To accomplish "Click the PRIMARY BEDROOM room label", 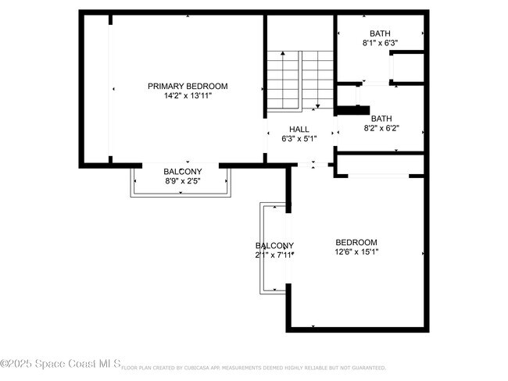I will pyautogui.click(x=188, y=86).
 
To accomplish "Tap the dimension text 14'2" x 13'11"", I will pyautogui.click(x=188, y=96).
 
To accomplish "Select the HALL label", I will pyautogui.click(x=299, y=130).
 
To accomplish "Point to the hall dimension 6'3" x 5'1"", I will pyautogui.click(x=299, y=140).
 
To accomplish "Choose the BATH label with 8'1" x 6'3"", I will pyautogui.click(x=380, y=34).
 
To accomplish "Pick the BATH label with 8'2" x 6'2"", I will pyautogui.click(x=381, y=119).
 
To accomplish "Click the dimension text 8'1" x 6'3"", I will pyautogui.click(x=380, y=44).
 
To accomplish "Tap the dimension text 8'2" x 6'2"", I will pyautogui.click(x=381, y=129).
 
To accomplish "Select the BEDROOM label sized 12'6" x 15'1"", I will pyautogui.click(x=356, y=242).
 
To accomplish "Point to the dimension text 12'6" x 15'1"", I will pyautogui.click(x=356, y=252).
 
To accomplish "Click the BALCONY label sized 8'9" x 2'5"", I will pyautogui.click(x=182, y=172).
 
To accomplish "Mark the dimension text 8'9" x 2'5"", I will pyautogui.click(x=182, y=181).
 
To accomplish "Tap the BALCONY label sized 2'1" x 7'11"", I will pyautogui.click(x=274, y=245).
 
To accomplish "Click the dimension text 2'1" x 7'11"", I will pyautogui.click(x=274, y=255).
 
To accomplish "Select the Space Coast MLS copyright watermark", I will pyautogui.click(x=60, y=364).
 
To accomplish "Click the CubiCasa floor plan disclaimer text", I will pyautogui.click(x=254, y=367).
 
